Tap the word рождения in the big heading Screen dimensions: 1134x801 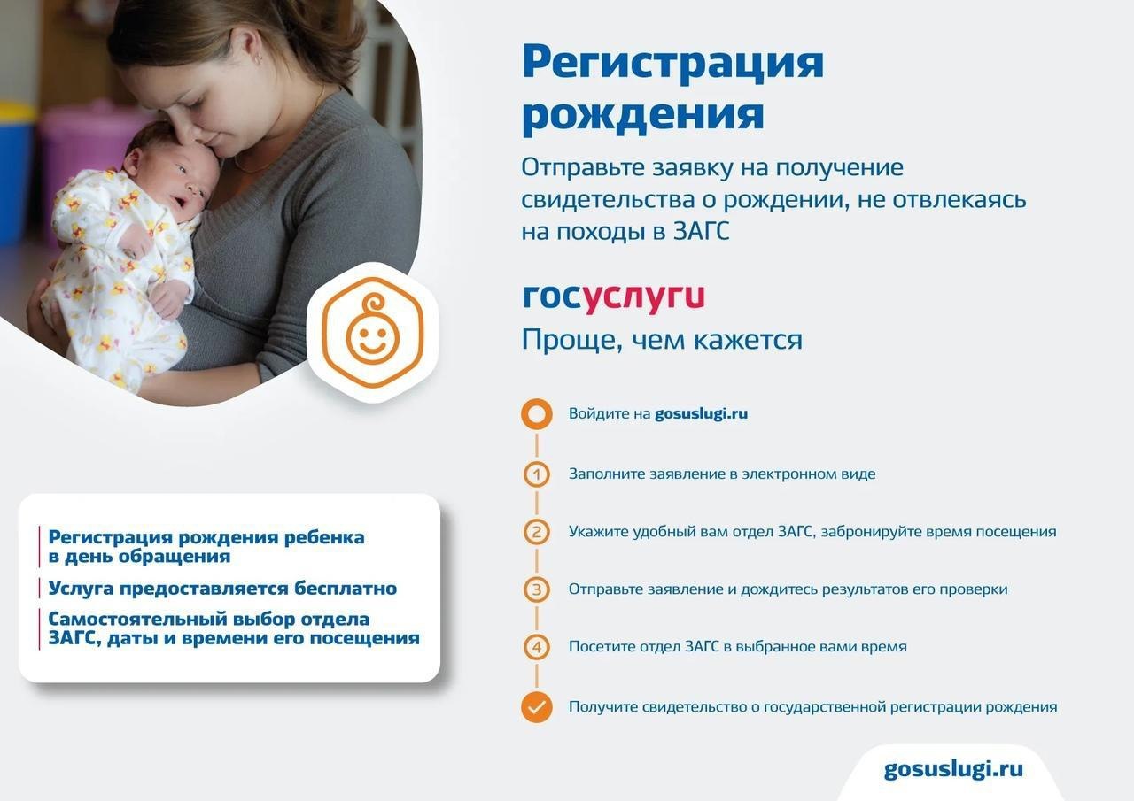(x=643, y=115)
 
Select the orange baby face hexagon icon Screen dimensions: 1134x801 (x=373, y=332)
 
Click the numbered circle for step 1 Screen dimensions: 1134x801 (x=537, y=474)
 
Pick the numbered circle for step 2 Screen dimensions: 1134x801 (x=537, y=532)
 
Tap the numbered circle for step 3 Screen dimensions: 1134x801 (x=537, y=589)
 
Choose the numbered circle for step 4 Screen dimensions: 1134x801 (x=537, y=647)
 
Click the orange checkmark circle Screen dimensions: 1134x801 (x=537, y=707)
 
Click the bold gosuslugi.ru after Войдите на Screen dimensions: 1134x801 (x=701, y=414)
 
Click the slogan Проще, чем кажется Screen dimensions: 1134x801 (x=662, y=340)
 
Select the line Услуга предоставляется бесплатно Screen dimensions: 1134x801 (x=222, y=589)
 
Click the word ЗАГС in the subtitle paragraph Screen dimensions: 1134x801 (x=701, y=232)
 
